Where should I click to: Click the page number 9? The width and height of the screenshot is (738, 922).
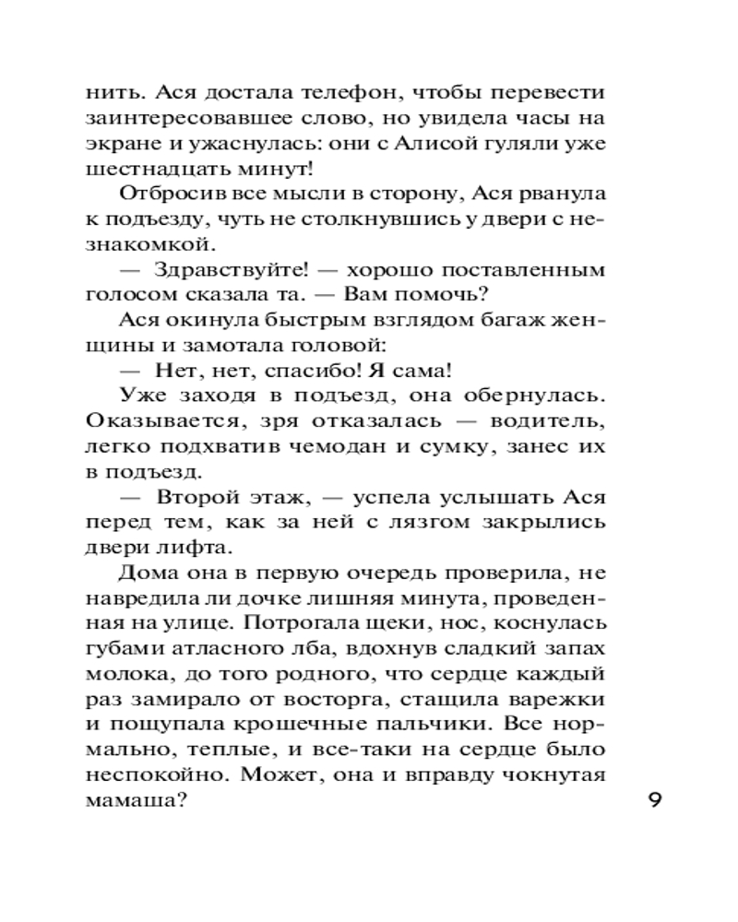tap(654, 799)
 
